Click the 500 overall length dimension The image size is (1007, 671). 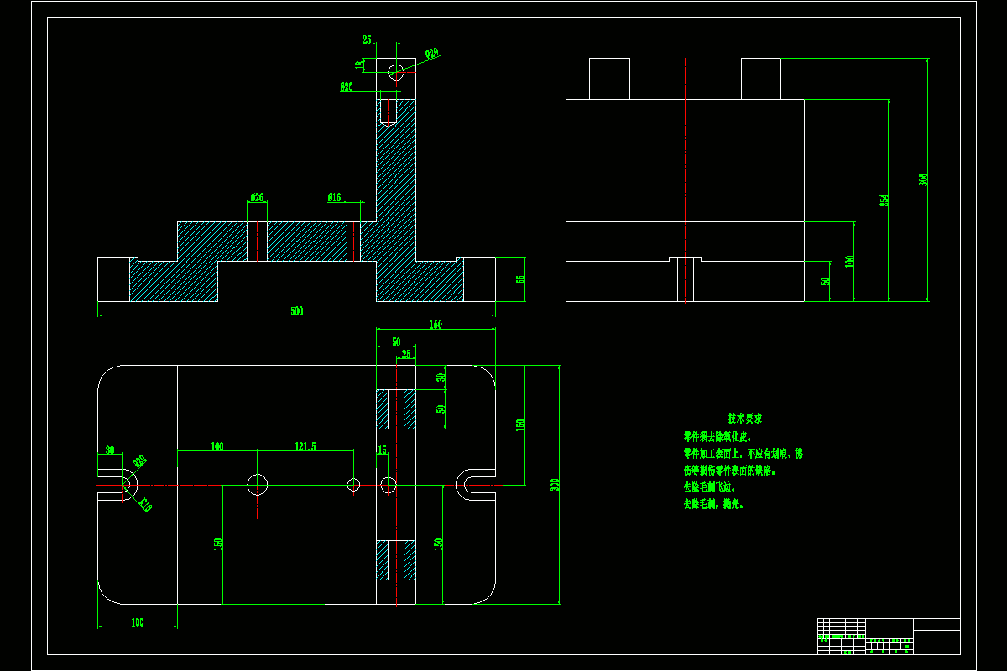[x=296, y=311]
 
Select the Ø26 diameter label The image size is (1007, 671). [x=257, y=198]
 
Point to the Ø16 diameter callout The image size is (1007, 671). [x=334, y=198]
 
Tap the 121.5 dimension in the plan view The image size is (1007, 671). [x=305, y=447]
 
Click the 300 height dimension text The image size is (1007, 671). [x=555, y=485]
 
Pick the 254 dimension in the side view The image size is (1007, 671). [x=884, y=200]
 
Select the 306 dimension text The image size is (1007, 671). [x=924, y=179]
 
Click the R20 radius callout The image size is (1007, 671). [x=140, y=460]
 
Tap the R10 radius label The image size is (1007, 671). [x=145, y=505]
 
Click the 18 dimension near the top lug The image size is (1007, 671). [x=360, y=65]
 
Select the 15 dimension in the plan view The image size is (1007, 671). [x=382, y=450]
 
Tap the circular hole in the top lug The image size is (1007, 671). [x=396, y=72]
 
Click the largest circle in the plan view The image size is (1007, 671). [x=257, y=484]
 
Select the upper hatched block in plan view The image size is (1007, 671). [x=396, y=409]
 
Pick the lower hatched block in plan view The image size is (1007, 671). [x=396, y=560]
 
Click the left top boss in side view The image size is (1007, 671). [x=609, y=79]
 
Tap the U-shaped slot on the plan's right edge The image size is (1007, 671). [x=470, y=485]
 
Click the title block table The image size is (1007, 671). [x=889, y=636]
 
